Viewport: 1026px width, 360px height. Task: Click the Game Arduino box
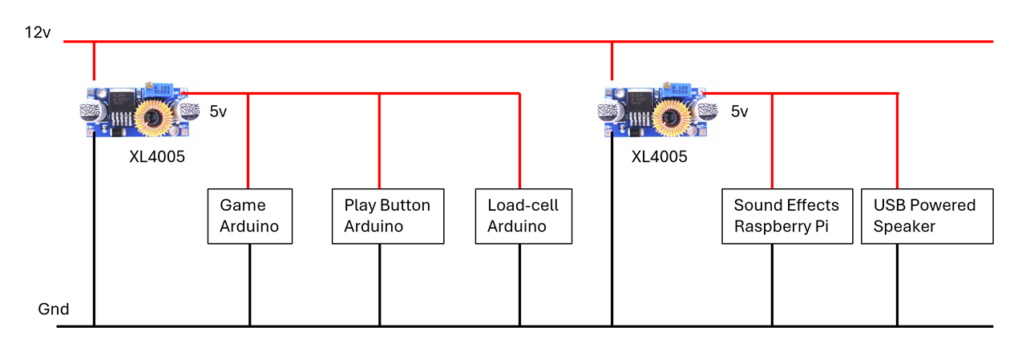coord(249,216)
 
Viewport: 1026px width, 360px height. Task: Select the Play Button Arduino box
coord(387,216)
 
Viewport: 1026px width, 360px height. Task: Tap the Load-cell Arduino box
coord(523,216)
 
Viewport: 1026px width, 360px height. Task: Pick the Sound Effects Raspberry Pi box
coord(786,216)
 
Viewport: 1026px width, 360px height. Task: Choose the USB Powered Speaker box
coord(927,216)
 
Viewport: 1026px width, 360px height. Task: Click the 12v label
coord(38,33)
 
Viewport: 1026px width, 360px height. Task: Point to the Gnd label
coord(54,309)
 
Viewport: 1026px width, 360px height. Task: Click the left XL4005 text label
coord(157,157)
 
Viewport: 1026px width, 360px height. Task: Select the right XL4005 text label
coord(659,157)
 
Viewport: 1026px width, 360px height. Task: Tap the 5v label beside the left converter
coord(218,112)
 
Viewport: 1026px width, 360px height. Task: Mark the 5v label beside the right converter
coord(739,112)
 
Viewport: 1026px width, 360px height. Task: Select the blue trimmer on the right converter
coord(682,91)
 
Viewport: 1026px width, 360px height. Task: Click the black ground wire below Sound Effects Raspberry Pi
coord(772,285)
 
